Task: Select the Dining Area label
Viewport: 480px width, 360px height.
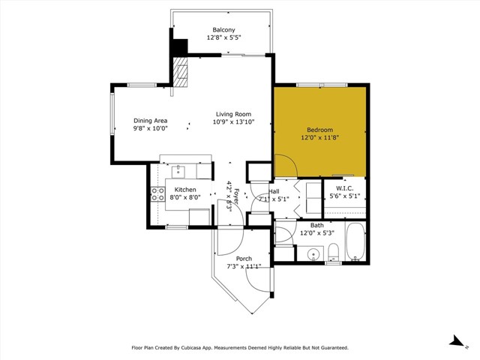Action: point(150,121)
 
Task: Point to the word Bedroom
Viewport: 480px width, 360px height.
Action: point(319,129)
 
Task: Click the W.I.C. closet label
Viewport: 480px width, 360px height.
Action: point(344,188)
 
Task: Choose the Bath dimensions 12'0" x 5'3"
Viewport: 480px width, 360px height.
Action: point(317,232)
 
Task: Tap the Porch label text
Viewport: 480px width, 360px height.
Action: point(244,259)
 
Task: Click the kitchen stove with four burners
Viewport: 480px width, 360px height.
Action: point(158,194)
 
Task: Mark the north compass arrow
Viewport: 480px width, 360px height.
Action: point(455,341)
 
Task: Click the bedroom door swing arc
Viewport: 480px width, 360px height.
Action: point(283,163)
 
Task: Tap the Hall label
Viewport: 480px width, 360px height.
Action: point(274,191)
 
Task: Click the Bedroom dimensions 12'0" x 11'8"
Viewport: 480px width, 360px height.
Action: point(319,137)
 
